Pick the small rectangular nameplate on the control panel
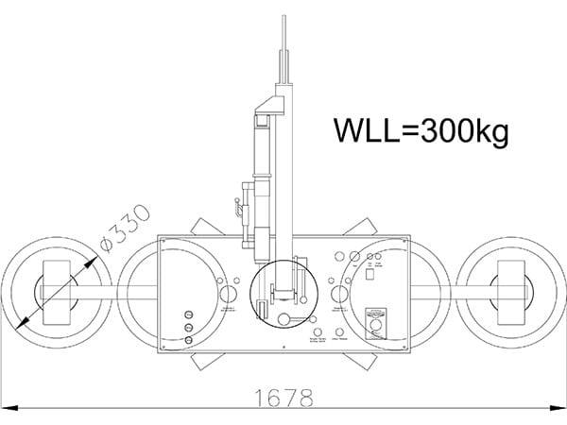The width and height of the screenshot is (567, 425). click(x=377, y=309)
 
